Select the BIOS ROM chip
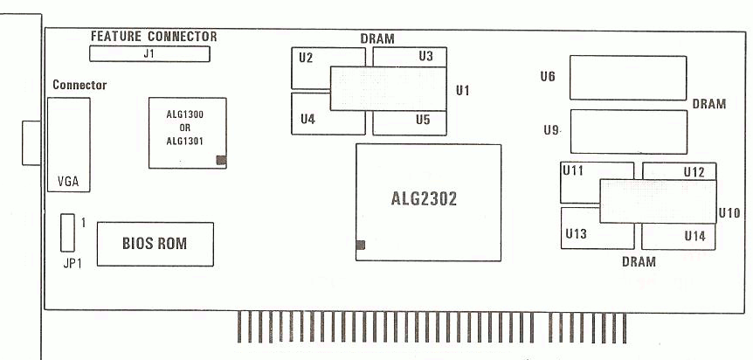click(x=155, y=242)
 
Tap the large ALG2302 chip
click(x=429, y=200)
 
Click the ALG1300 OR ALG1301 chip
click(x=185, y=131)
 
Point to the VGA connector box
click(x=68, y=145)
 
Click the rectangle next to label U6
click(x=626, y=79)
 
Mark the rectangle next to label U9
click(x=626, y=131)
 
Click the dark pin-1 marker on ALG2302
click(x=361, y=246)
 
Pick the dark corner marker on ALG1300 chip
click(x=221, y=160)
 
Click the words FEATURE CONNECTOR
click(x=153, y=37)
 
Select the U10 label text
click(x=728, y=211)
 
